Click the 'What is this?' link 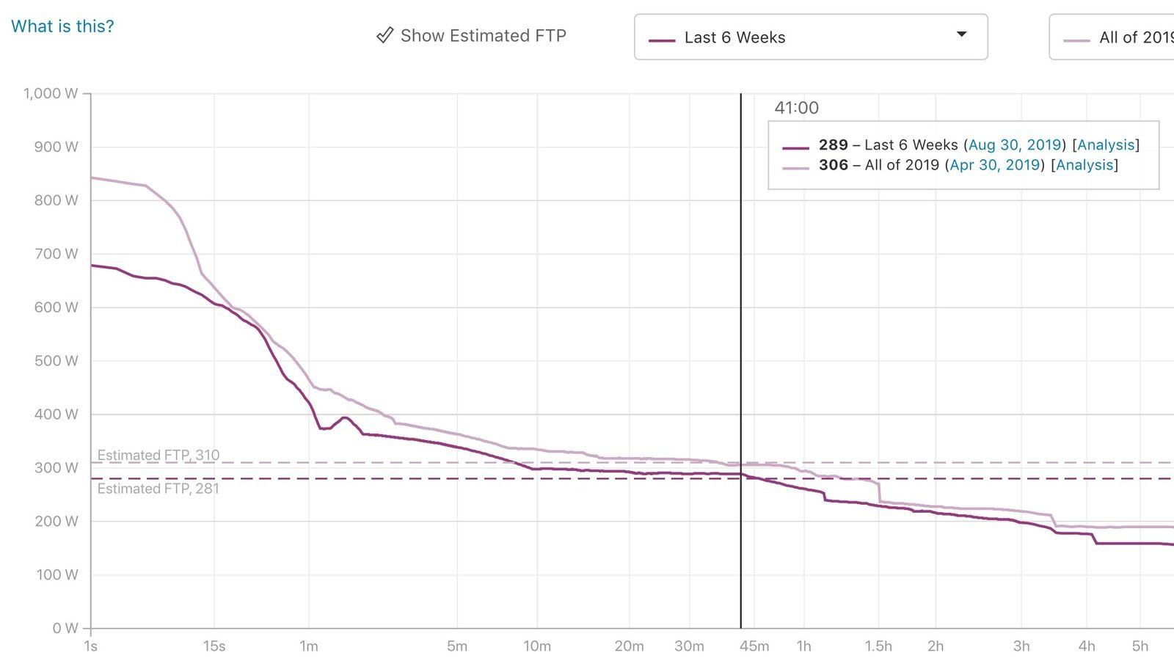coord(62,26)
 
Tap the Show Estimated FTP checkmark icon coord(384,35)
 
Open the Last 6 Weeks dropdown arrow coord(961,34)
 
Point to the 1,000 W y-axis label coord(51,93)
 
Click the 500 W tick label coord(56,360)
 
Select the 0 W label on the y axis coord(65,628)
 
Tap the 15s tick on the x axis coord(214,646)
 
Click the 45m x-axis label coord(754,646)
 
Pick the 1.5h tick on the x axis coord(878,646)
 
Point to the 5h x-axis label coord(1140,646)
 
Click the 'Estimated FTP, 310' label coord(158,455)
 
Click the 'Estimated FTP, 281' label coord(158,489)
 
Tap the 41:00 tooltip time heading coord(796,108)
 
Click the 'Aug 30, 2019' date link coord(1015,145)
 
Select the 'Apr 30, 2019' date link coord(994,165)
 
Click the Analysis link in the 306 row coord(1084,165)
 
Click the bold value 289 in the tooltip coord(833,145)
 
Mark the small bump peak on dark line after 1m coord(344,417)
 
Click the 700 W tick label coord(56,254)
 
